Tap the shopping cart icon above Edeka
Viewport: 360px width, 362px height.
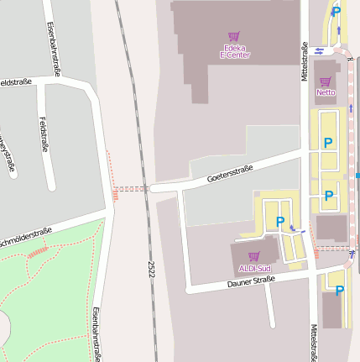point(234,37)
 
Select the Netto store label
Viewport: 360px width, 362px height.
point(326,92)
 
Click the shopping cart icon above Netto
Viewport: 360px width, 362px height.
point(326,81)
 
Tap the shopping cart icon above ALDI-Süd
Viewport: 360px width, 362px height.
point(253,256)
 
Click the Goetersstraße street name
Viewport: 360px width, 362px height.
point(230,174)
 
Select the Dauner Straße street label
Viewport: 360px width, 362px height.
point(251,284)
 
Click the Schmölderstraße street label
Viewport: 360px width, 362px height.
point(25,236)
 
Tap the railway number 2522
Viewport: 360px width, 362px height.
point(151,269)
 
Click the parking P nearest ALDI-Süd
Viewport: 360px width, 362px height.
point(280,222)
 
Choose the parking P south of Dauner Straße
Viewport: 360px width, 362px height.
point(339,291)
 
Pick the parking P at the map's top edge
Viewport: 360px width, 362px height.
point(336,12)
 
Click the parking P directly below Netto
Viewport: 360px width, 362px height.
point(328,143)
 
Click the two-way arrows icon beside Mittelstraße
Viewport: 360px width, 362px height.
point(320,50)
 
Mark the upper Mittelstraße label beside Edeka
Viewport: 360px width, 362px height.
point(303,60)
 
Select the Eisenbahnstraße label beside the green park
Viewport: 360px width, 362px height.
point(97,333)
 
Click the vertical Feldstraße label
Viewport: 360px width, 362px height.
point(42,134)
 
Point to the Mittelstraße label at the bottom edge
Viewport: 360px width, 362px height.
point(314,343)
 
